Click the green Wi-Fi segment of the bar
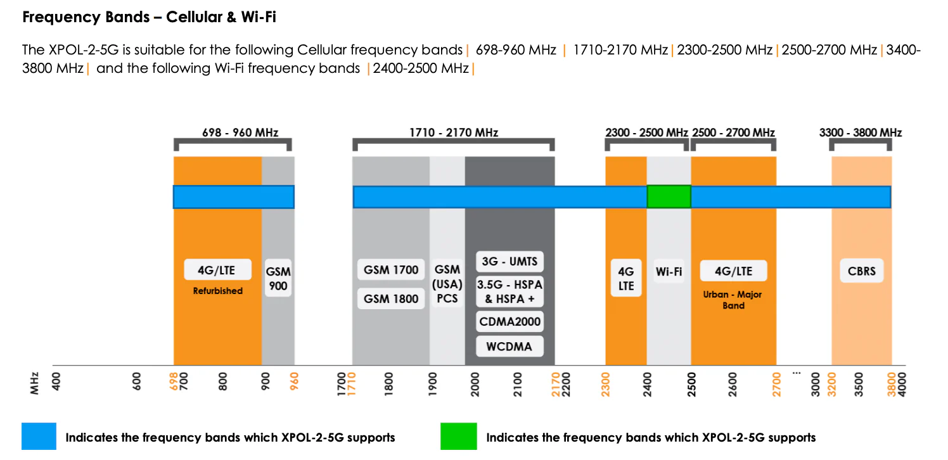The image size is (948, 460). point(669,197)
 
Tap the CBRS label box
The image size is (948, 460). point(861,271)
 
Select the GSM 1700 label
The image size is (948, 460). point(391,270)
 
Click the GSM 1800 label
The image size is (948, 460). point(391,298)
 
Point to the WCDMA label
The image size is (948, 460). point(509,346)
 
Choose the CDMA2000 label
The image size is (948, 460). point(509,322)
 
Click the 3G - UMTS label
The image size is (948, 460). point(509,262)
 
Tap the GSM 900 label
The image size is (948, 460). point(278,278)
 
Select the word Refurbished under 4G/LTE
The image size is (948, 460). point(217,291)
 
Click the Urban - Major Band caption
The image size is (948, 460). point(733,300)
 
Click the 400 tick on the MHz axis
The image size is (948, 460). point(56,382)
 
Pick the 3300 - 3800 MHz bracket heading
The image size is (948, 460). point(860,132)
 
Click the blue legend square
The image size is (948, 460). point(39,437)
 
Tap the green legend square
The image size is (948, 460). point(458,437)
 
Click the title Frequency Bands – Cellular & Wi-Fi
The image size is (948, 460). point(149,17)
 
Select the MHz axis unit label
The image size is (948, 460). point(35,382)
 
